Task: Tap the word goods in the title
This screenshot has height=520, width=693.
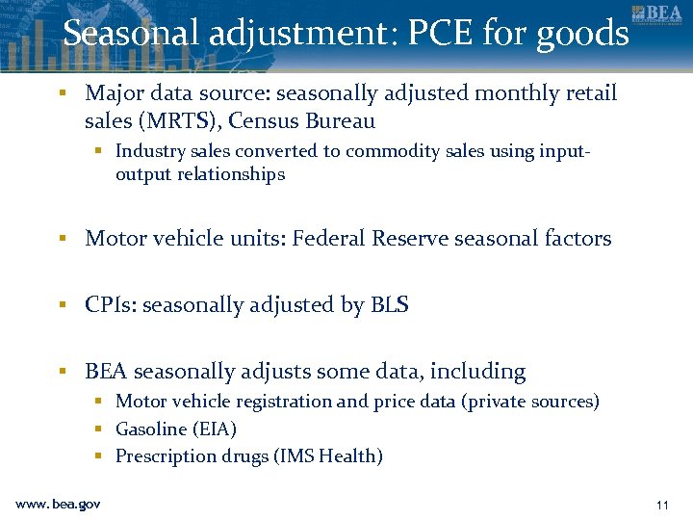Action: click(583, 34)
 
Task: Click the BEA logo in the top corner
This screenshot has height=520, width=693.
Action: click(657, 15)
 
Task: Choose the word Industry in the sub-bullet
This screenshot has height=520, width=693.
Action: click(147, 151)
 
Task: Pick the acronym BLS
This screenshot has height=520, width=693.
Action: click(389, 305)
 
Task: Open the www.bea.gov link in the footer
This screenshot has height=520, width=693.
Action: click(58, 504)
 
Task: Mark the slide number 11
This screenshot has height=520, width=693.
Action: click(661, 505)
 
